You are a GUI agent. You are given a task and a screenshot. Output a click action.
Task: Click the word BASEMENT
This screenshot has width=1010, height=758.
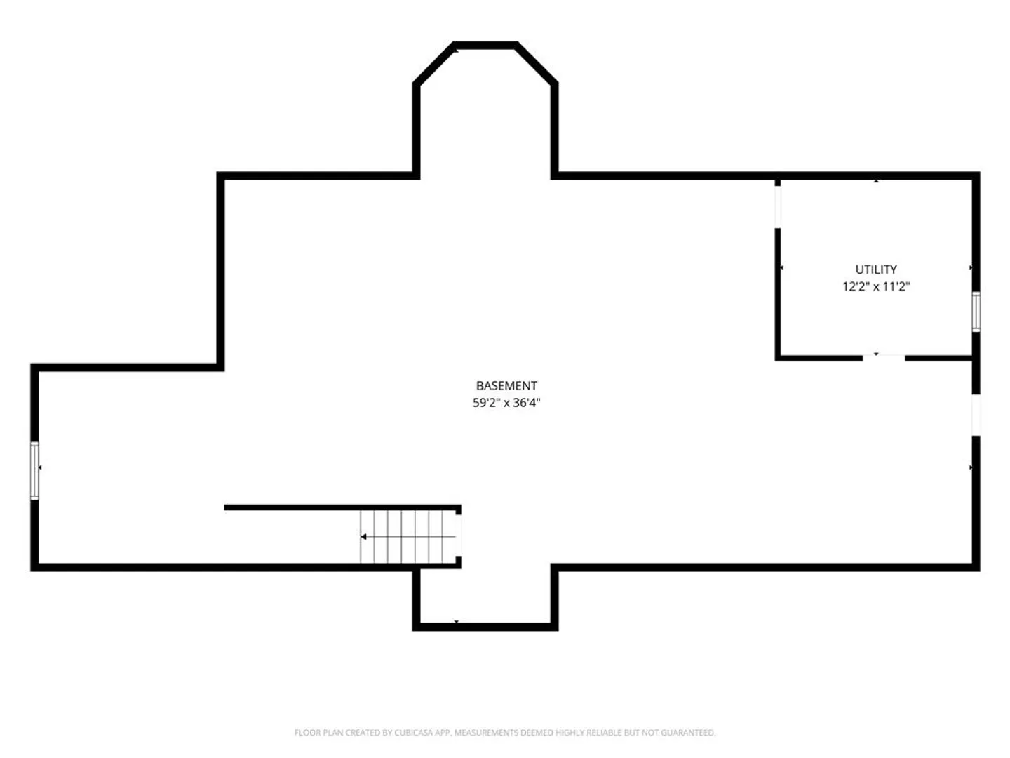click(506, 386)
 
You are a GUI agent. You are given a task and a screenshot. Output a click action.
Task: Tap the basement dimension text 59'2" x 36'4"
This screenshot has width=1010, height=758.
click(506, 403)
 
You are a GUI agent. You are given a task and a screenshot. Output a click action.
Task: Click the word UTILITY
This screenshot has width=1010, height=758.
click(875, 270)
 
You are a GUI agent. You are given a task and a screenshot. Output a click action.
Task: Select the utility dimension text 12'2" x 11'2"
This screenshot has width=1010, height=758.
click(875, 287)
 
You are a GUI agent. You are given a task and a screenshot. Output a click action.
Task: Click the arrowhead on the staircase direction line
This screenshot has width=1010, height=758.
click(363, 537)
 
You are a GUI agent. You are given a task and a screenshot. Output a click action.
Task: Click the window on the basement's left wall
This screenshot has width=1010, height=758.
click(34, 470)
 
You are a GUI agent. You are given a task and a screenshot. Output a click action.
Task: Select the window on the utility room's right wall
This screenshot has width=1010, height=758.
click(976, 312)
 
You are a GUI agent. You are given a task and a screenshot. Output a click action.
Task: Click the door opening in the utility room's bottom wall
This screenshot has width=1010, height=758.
click(883, 358)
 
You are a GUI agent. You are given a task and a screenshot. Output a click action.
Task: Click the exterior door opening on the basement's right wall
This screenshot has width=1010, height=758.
click(976, 415)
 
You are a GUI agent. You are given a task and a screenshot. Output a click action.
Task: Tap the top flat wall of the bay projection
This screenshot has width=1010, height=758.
click(485, 45)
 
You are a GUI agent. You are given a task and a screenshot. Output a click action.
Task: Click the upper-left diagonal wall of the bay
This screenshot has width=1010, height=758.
click(434, 64)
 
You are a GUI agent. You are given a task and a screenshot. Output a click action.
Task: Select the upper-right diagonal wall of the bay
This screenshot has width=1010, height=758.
click(537, 64)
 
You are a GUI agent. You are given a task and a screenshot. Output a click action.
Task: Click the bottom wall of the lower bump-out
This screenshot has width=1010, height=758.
click(485, 627)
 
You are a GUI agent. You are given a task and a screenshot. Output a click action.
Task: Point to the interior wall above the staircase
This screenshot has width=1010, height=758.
click(342, 507)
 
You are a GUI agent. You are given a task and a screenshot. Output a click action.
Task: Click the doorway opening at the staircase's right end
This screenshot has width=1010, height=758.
click(458, 536)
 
